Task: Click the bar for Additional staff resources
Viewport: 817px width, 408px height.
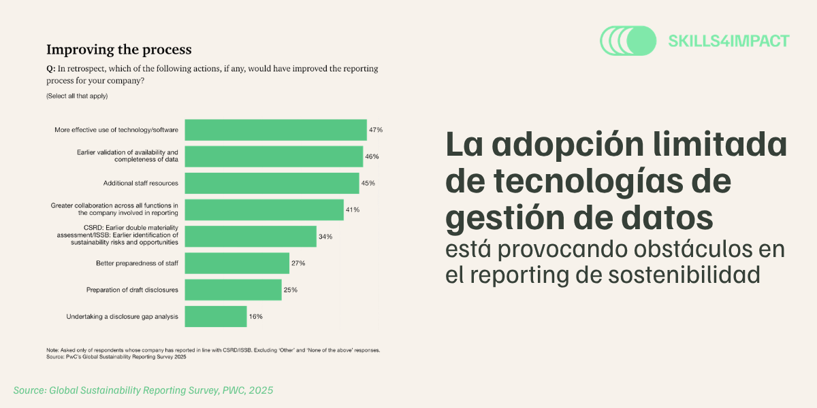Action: click(272, 183)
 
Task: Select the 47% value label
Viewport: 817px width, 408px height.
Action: click(376, 129)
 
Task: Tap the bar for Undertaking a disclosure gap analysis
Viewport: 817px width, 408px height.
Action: click(216, 316)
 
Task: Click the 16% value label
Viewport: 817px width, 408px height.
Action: click(256, 316)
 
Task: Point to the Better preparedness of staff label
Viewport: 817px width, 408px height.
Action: click(137, 263)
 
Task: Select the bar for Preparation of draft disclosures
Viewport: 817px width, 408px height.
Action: click(233, 290)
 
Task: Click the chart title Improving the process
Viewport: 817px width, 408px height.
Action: click(118, 50)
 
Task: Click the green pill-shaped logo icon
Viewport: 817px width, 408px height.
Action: click(627, 41)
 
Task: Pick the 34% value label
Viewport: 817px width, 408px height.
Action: click(325, 237)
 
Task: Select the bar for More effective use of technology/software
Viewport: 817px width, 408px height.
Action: click(276, 129)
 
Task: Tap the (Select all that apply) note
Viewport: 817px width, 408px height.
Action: click(77, 96)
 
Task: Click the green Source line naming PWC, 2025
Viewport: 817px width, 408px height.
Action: click(143, 390)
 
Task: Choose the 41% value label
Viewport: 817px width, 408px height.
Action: click(353, 209)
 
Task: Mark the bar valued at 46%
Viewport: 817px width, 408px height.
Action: click(274, 156)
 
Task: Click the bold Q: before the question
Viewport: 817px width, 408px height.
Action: click(50, 69)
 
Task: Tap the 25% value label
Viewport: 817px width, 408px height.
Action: click(291, 290)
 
